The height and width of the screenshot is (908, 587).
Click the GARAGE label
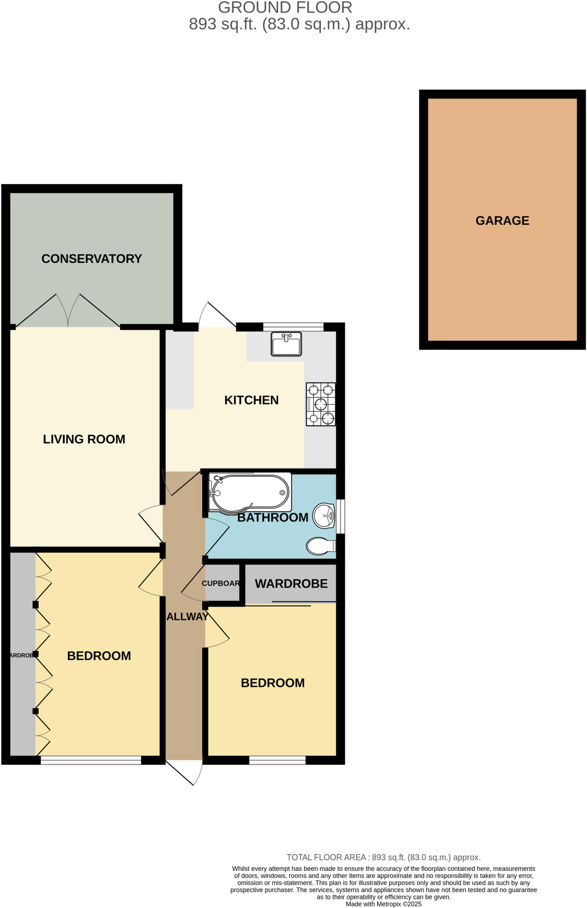pos(502,221)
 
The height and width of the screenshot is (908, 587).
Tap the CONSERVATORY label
pos(92,259)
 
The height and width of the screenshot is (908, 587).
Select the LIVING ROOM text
pos(84,439)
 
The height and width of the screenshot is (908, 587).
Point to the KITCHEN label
pos(251,400)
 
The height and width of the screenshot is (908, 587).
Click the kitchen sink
pos(286,344)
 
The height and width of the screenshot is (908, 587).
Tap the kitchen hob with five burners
pos(321,404)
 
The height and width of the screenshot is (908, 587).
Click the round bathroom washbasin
pos(324,516)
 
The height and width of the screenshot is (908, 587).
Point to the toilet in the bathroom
pos(321,546)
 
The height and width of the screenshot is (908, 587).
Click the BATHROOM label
pos(273,518)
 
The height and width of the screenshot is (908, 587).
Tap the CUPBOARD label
pos(222,583)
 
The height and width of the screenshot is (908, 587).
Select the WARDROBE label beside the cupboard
pos(291,584)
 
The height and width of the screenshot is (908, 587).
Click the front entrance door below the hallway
pos(186,772)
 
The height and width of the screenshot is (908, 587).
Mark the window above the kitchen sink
pos(293,327)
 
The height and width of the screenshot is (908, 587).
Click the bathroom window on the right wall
pos(340,517)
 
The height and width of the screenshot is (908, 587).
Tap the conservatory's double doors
pos(68,312)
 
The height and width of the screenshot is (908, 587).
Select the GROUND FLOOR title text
pos(285,8)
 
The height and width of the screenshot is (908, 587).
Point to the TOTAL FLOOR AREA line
pos(384,857)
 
